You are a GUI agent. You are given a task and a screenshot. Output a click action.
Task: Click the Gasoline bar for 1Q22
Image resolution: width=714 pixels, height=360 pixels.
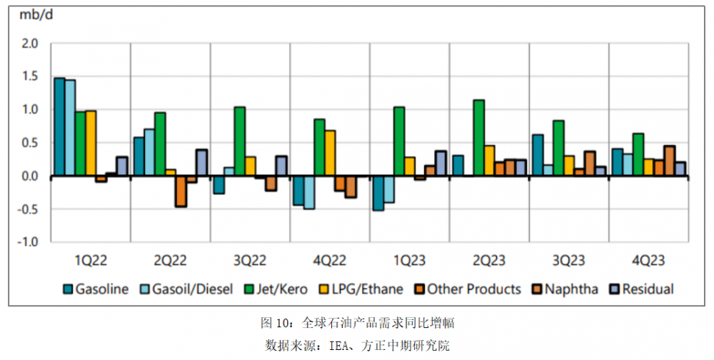[59, 126]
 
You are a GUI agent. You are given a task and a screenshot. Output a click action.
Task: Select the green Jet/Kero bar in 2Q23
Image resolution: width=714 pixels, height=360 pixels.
[479, 138]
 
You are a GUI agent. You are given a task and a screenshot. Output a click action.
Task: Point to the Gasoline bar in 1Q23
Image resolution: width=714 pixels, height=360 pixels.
[378, 193]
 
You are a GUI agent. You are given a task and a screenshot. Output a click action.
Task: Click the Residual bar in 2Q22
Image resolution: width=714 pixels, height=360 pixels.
[201, 163]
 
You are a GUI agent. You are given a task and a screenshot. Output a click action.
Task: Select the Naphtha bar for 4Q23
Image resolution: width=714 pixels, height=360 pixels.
[669, 161]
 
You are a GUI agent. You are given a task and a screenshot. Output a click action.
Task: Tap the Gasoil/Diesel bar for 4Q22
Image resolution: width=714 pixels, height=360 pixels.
[308, 192]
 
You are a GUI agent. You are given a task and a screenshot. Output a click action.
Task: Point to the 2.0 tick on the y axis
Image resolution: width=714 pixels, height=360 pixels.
[29, 44]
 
